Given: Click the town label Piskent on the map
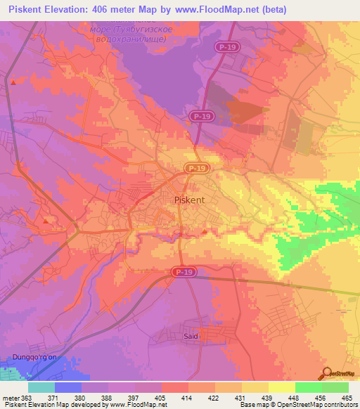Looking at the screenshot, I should pos(189,200).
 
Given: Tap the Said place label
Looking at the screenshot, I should pos(191,337).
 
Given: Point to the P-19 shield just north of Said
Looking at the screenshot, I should pos(184,271).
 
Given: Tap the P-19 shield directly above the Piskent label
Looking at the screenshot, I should pos(196,168).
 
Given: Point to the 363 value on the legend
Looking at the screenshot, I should pos(27,397).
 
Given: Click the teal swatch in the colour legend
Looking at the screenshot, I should pos(41,387).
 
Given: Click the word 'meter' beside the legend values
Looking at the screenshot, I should pos(10,397).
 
